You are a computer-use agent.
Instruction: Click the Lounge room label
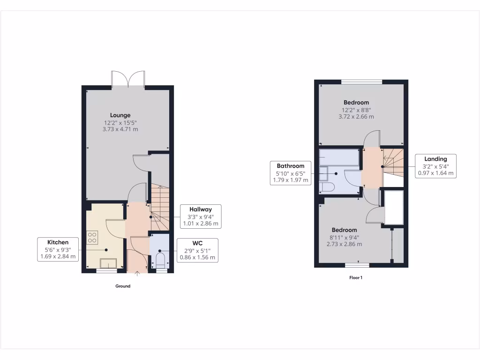tap(120, 115)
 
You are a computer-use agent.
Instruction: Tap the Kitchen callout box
tap(57, 249)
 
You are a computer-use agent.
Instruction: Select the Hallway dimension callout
tap(201, 216)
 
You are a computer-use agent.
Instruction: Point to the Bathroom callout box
tap(291, 173)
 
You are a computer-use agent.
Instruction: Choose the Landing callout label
tap(435, 166)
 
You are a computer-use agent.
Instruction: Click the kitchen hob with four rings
tap(92, 238)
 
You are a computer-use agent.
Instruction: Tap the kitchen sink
tap(108, 263)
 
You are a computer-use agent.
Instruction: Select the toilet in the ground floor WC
tap(160, 261)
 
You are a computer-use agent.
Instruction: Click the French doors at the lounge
tap(128, 78)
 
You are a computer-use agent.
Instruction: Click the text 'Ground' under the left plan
tap(123, 286)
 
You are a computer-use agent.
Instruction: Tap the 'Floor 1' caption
tap(356, 277)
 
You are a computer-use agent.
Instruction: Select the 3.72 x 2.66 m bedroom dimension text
tap(356, 117)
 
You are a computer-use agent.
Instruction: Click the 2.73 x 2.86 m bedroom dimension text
tap(344, 244)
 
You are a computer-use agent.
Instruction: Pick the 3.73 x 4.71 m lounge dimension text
tap(120, 129)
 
